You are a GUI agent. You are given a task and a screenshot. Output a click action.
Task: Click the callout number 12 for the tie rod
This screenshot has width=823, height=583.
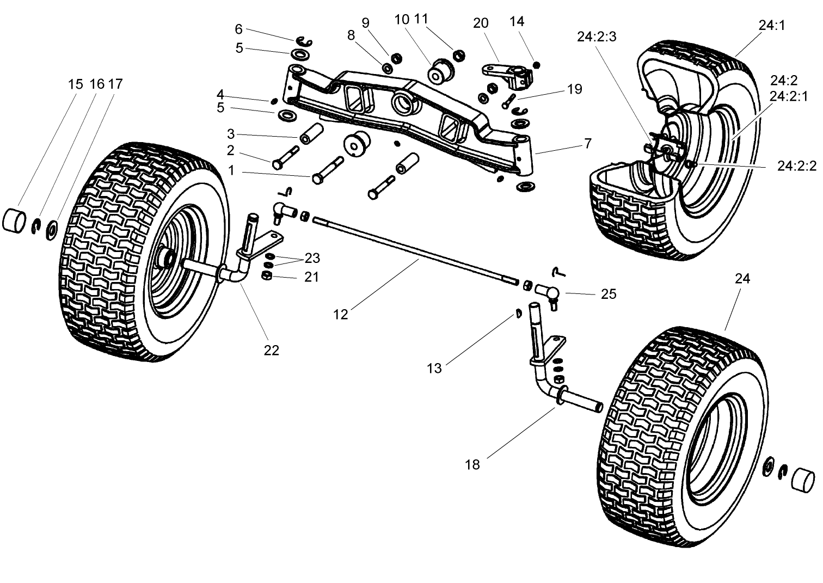pos(341,315)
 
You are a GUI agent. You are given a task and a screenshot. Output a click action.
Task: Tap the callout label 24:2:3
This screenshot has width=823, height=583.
pos(597,37)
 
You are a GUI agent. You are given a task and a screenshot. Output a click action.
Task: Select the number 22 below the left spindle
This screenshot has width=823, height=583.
pos(271,351)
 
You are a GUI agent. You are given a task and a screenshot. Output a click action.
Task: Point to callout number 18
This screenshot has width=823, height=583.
pos(472,464)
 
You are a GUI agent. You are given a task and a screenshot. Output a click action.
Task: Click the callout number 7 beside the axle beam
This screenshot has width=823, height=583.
pos(587,144)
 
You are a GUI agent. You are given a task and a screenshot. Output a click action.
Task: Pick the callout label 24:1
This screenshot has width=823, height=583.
pos(772,25)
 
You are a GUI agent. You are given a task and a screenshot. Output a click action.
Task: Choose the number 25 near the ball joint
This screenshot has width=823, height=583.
pos(608,294)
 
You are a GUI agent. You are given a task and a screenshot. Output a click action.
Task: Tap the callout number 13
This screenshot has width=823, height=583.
pos(434,369)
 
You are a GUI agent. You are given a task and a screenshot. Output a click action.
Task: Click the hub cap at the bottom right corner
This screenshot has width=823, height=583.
pos(804,478)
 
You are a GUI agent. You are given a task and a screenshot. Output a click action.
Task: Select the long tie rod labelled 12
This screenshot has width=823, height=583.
pos(414,250)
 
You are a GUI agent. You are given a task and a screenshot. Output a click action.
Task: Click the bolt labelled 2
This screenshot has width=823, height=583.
pos(285,157)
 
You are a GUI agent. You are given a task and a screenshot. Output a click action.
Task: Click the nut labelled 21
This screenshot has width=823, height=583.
pos(267,277)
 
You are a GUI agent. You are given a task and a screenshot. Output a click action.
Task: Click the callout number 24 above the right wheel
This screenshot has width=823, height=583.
pos(742,279)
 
